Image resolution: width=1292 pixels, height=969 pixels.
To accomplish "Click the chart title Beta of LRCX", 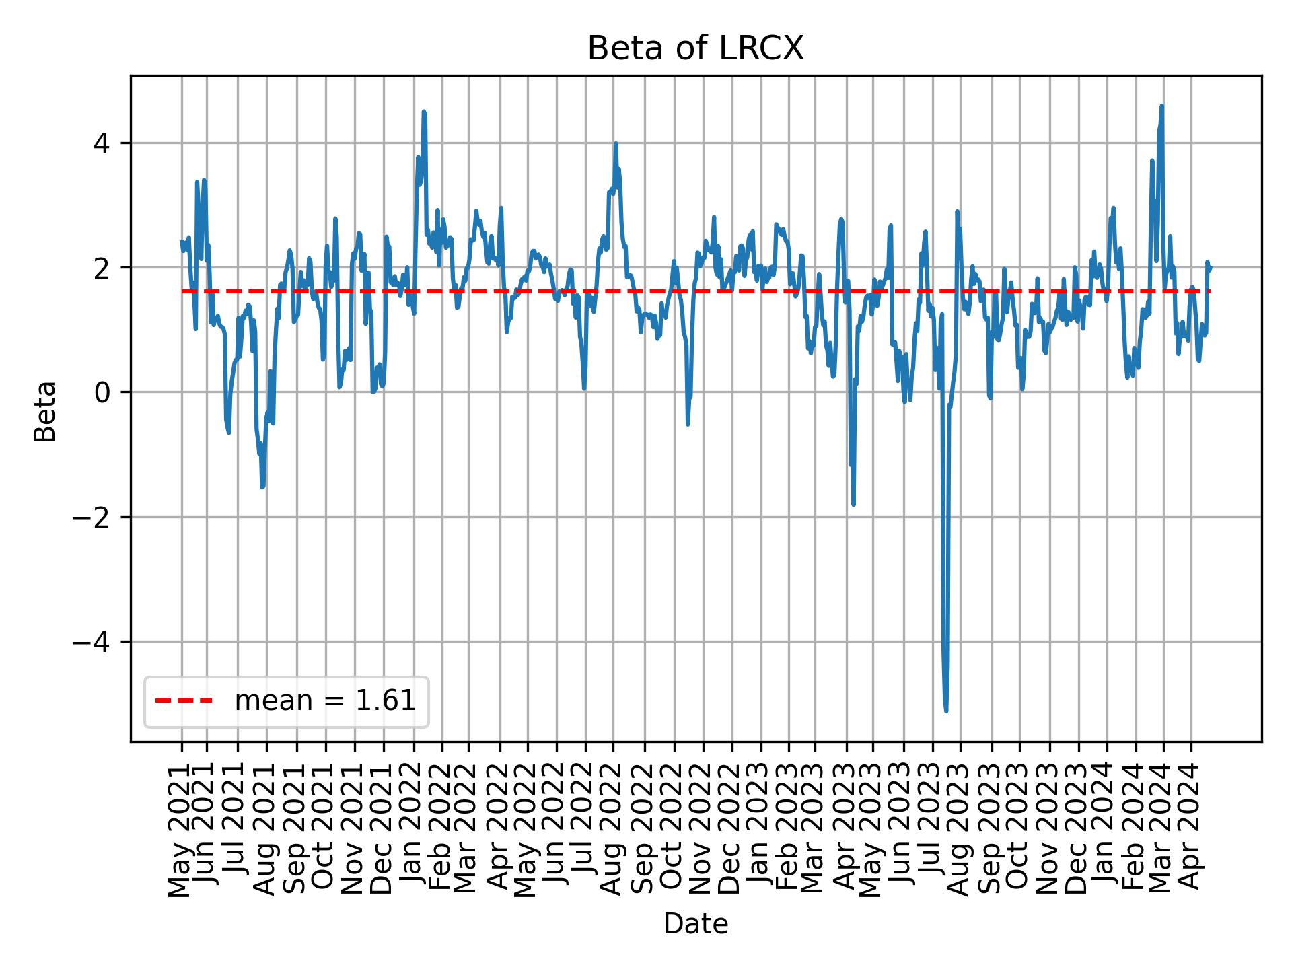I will point(695,48).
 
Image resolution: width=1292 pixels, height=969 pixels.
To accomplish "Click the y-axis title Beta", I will point(45,411).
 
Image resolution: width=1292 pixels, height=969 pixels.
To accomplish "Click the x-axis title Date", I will point(695,924).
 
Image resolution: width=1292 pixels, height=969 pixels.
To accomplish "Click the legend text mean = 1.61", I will point(324,701).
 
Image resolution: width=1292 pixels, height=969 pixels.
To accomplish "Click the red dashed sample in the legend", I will point(184,701).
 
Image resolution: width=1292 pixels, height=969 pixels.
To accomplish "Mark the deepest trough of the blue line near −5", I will point(946,711).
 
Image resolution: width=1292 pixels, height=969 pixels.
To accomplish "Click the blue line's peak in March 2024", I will point(1161,106).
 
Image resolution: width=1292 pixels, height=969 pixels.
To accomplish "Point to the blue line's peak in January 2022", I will point(424,112).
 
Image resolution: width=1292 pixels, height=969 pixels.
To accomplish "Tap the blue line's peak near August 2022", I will point(615,143).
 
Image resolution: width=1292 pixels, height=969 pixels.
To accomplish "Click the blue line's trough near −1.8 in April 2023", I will point(853,504).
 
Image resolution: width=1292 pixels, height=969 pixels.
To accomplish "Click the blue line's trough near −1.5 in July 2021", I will point(262,487).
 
